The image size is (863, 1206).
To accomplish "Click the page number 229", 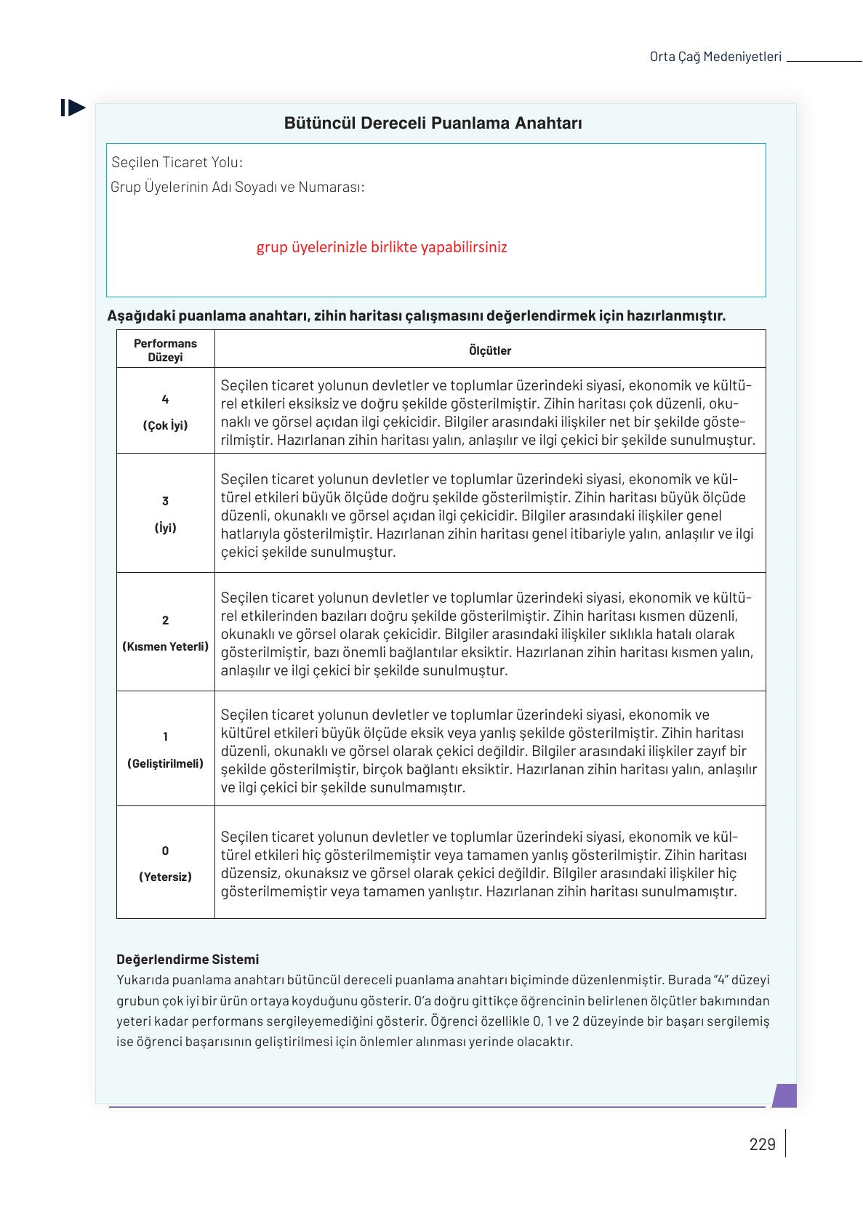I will (x=762, y=1144).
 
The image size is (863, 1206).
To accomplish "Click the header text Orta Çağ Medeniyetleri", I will (x=715, y=57).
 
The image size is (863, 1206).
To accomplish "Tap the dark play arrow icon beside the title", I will (x=73, y=108).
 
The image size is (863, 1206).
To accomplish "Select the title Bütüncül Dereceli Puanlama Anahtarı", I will (x=433, y=124).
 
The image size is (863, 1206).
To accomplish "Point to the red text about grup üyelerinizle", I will (x=382, y=247).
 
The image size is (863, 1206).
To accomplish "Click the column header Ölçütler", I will (x=489, y=350).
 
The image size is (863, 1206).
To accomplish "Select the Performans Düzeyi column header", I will (x=165, y=350).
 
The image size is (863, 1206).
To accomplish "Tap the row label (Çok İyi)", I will (x=165, y=425).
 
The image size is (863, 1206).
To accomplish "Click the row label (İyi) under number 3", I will (x=165, y=528).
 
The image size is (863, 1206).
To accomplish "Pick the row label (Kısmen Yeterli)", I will (x=165, y=646).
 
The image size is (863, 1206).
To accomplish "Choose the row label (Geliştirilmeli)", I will (x=165, y=763).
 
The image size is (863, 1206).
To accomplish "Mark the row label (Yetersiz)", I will (x=165, y=877).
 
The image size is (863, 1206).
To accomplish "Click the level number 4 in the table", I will (x=165, y=399).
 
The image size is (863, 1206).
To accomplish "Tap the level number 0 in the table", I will (x=165, y=851).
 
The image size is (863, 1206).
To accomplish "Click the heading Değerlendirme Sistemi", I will (x=188, y=959).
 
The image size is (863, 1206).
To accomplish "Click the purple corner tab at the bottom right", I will (x=784, y=1096).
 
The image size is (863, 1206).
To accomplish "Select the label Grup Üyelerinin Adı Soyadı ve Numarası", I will (x=237, y=187).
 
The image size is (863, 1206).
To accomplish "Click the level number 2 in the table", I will (x=165, y=620).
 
